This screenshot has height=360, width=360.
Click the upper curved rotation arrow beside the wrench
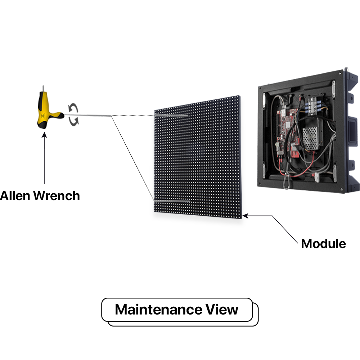click(73, 108)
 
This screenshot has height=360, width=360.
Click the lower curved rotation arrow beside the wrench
click(75, 122)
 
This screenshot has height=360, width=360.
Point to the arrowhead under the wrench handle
click(44, 135)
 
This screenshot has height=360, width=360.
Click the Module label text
click(323, 244)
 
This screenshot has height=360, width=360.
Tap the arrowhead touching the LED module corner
click(246, 216)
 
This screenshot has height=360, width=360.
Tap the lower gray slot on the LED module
click(172, 201)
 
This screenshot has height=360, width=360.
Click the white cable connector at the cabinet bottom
click(317, 176)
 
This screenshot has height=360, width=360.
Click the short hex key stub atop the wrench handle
click(44, 88)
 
